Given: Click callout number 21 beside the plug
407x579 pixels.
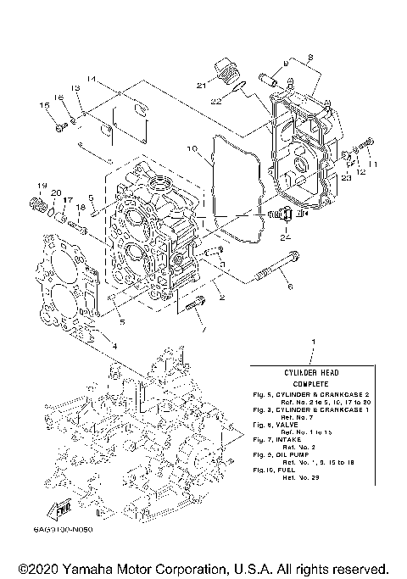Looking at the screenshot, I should (x=201, y=86).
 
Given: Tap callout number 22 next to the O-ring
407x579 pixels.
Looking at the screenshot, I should (x=217, y=102).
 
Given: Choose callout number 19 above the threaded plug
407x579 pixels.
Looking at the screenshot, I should (x=39, y=185).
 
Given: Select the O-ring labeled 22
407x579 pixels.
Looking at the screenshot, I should (x=240, y=87).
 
